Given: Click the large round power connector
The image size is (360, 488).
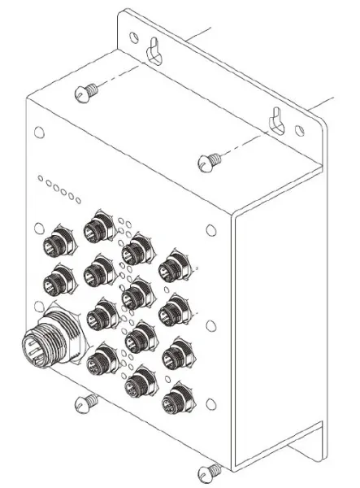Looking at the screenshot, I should point(47,339).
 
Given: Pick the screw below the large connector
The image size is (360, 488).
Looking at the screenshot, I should point(85,403).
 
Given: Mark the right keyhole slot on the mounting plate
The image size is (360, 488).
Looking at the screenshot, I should point(276,120).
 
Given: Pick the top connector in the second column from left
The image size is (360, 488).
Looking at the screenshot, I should point(99,224).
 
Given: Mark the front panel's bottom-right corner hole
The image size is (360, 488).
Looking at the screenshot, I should point(211,404).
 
